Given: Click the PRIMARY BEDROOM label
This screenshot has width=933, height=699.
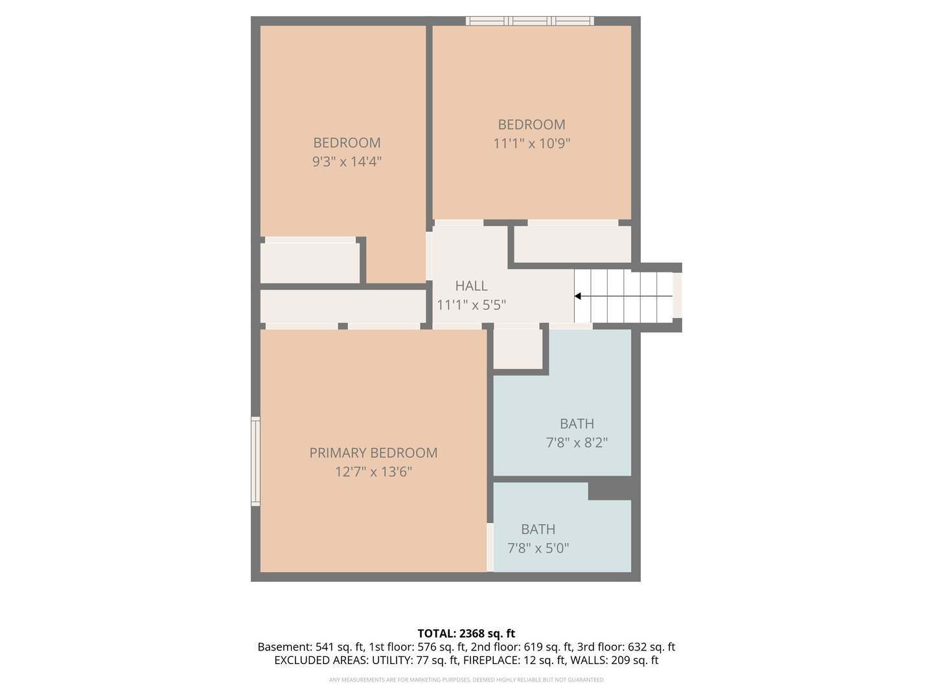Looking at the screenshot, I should click(373, 453).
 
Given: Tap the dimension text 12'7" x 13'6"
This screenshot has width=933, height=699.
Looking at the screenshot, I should click(373, 472).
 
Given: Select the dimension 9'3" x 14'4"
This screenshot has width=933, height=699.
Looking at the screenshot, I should click(347, 162).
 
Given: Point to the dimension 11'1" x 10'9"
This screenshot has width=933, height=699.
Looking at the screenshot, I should click(531, 144).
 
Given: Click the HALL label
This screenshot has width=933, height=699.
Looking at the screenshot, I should click(471, 286).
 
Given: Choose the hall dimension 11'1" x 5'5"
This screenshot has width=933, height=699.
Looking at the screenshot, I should click(471, 305).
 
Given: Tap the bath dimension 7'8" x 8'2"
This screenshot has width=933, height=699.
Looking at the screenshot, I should click(577, 443).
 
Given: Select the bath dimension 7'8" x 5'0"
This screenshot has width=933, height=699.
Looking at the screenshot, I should click(538, 548).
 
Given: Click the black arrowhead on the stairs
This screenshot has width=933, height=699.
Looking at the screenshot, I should click(578, 296).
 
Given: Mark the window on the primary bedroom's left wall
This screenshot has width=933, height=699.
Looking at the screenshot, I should click(256, 461).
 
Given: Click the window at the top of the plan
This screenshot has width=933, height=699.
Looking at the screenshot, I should click(529, 21).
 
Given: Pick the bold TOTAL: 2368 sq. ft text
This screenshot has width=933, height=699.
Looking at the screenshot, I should click(466, 634).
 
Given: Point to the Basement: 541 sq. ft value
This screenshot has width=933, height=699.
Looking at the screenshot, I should click(310, 647).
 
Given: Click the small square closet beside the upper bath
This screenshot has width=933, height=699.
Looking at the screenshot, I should click(518, 349).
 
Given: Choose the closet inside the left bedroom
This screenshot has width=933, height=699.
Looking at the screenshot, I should click(310, 263).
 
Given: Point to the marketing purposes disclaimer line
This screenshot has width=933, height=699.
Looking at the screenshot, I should click(466, 680).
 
